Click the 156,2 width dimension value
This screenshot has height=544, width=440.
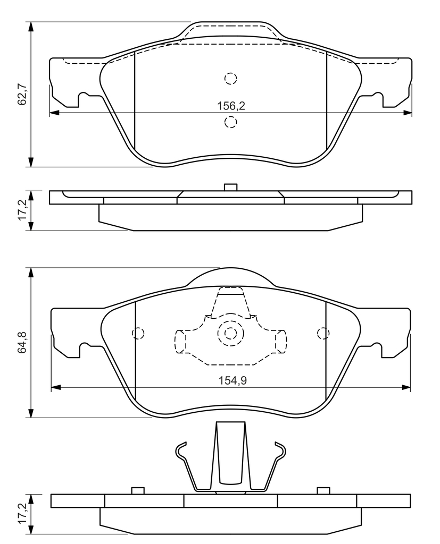click(231, 106)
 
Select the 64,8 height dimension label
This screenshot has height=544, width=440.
click(23, 343)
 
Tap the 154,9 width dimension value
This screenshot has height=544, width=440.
click(233, 380)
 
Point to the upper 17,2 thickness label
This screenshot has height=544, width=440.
click(23, 210)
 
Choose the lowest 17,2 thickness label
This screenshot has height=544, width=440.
click(23, 514)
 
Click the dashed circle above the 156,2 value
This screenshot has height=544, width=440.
click(230, 79)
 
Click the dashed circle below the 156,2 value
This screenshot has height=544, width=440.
click(230, 122)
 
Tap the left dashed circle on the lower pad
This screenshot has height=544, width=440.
click(138, 334)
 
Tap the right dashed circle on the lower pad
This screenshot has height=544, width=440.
click(323, 334)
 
